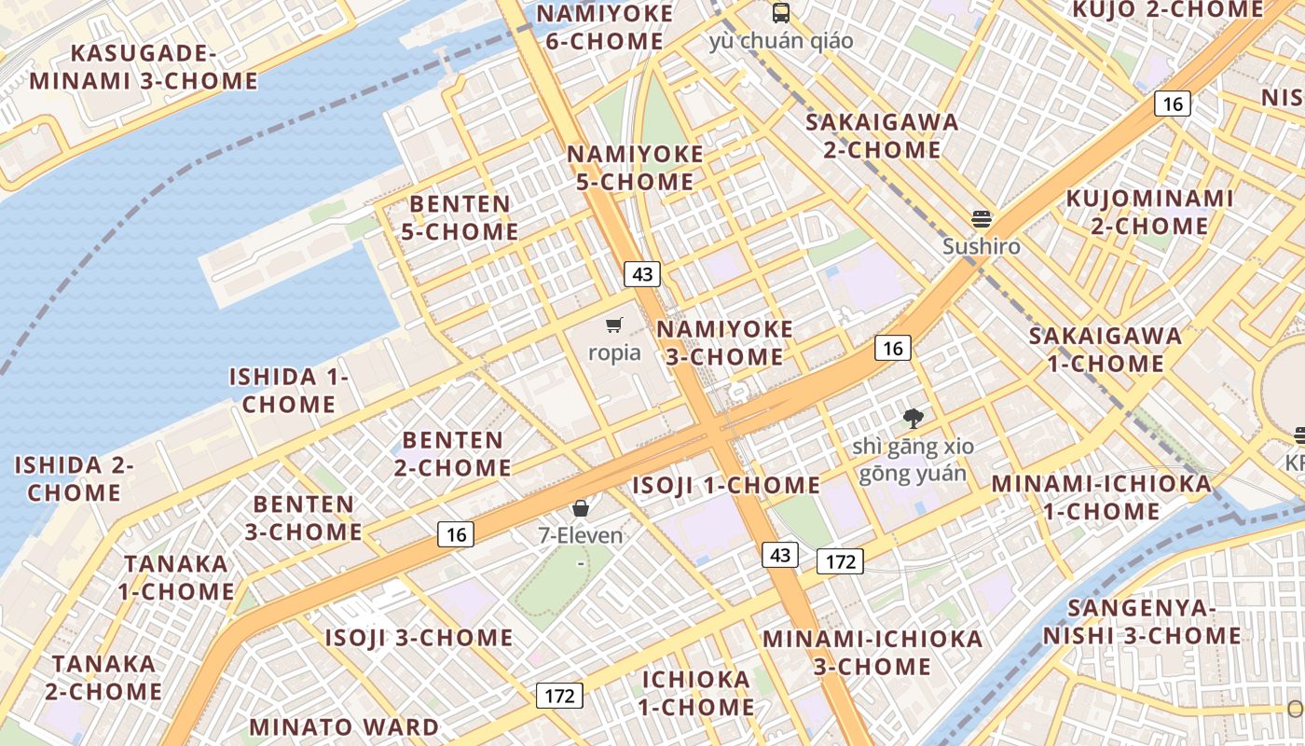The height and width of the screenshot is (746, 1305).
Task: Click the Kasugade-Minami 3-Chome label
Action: pyautogui.click(x=144, y=66)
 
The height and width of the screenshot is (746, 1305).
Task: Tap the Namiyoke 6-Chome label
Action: pyautogui.click(x=604, y=27)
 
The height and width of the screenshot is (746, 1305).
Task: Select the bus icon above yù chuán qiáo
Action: pyautogui.click(x=781, y=13)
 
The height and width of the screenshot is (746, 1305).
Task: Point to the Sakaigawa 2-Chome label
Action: pyautogui.click(x=882, y=135)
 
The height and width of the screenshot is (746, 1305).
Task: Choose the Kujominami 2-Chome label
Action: pyautogui.click(x=1149, y=212)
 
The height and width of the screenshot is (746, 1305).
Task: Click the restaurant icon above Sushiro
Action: pyautogui.click(x=981, y=219)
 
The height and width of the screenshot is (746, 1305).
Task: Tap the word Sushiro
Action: pyautogui.click(x=981, y=247)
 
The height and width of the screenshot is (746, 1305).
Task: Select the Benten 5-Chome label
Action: pyautogui.click(x=460, y=217)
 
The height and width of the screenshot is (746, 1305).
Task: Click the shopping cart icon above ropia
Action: pyautogui.click(x=613, y=325)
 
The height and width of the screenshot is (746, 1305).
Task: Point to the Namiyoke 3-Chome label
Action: pyautogui.click(x=724, y=342)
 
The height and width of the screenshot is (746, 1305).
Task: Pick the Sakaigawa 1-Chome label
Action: pyautogui.click(x=1106, y=349)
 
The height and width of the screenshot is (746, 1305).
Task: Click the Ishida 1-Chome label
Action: pyautogui.click(x=289, y=391)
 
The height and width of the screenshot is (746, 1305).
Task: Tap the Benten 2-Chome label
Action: pyautogui.click(x=452, y=453)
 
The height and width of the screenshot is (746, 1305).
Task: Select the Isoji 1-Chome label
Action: pyautogui.click(x=726, y=486)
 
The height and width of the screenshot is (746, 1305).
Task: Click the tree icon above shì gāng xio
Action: pyautogui.click(x=913, y=419)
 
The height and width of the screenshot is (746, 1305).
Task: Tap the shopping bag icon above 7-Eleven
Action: pyautogui.click(x=581, y=508)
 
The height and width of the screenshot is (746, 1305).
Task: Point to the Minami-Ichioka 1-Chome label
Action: pyautogui.click(x=1101, y=497)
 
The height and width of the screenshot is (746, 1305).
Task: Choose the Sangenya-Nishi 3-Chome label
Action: pyautogui.click(x=1142, y=622)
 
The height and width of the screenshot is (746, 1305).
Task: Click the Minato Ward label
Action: pyautogui.click(x=344, y=727)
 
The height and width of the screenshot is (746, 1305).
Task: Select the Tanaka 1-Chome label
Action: pyautogui.click(x=176, y=577)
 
